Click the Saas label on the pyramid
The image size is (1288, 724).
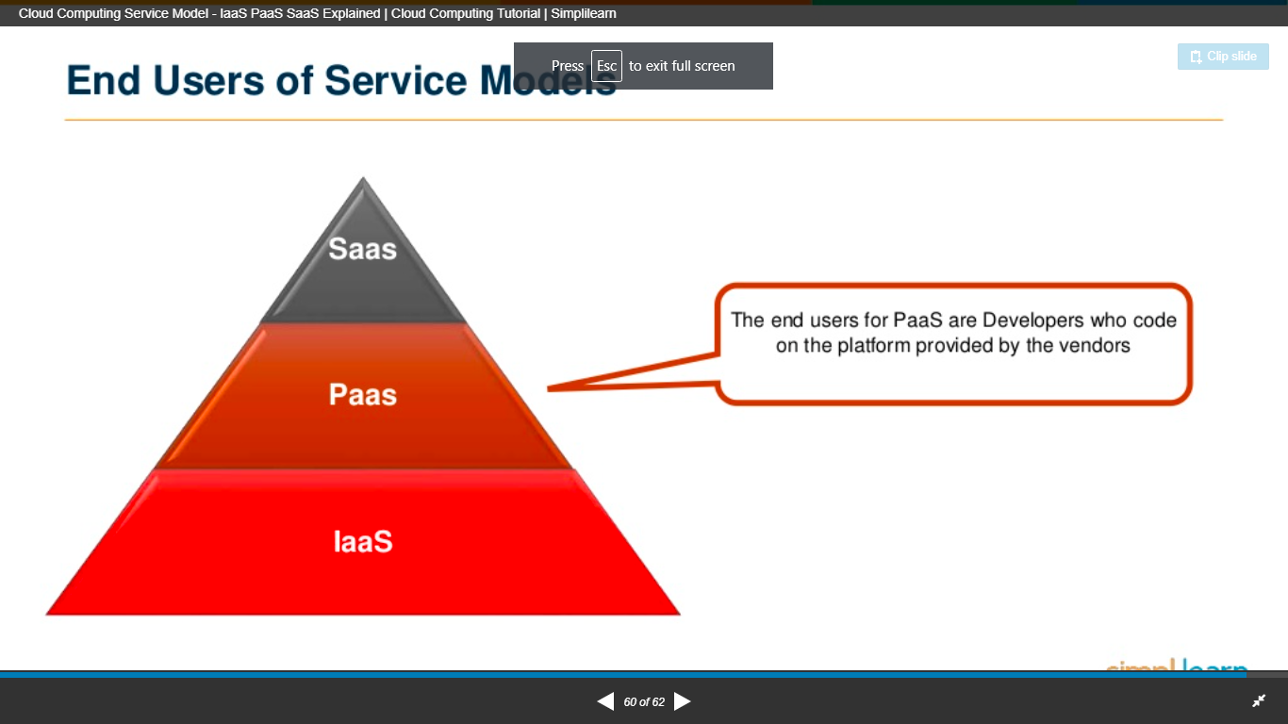362,249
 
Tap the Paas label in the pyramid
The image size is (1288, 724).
362,394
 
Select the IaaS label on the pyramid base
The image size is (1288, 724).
362,542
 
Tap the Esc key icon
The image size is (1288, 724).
606,66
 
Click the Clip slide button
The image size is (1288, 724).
1223,57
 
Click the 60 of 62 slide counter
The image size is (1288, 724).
644,702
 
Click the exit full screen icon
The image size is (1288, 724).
1259,700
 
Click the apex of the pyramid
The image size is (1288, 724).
363,179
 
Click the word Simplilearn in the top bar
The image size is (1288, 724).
584,14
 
